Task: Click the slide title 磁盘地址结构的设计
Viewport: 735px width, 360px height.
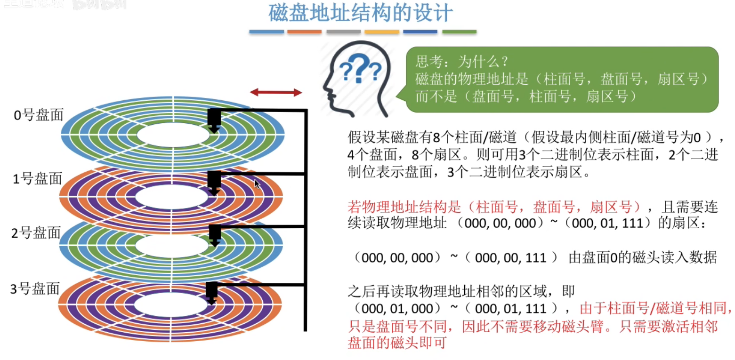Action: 361,13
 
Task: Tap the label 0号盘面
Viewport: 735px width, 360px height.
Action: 39,115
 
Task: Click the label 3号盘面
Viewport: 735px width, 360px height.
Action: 36,288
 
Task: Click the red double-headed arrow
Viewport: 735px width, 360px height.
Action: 275,92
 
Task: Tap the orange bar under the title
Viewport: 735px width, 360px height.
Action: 304,32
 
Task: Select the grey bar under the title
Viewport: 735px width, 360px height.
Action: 343,32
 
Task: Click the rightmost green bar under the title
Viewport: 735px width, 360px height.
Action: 459,32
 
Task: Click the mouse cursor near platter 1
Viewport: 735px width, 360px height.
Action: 257,184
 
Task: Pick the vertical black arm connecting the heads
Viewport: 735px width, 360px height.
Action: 306,221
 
